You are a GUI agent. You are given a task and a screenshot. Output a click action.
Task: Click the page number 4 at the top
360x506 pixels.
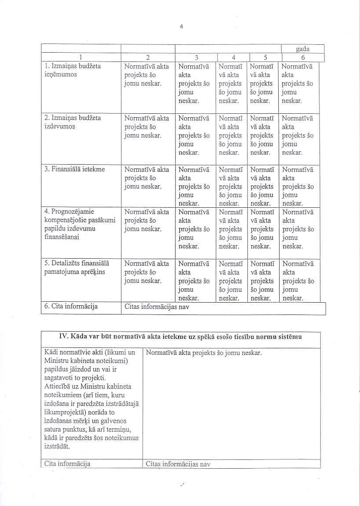(x=181, y=26)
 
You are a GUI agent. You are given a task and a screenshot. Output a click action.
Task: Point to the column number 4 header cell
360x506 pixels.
(x=233, y=57)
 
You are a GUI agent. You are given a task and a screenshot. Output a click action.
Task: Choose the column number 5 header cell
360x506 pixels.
(x=265, y=57)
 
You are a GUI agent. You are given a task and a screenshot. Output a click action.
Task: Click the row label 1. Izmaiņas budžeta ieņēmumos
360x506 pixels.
(x=73, y=70)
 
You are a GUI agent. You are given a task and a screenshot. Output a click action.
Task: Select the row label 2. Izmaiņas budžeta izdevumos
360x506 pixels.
(x=73, y=122)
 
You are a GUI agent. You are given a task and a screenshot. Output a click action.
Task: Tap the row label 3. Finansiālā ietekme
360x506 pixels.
(x=75, y=170)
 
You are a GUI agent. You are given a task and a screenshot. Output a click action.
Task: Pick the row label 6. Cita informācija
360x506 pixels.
(x=71, y=306)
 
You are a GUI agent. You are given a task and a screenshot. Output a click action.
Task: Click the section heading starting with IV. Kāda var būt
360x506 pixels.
(x=180, y=337)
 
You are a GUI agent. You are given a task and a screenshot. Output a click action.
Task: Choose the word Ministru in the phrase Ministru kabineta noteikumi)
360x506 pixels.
(x=57, y=361)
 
